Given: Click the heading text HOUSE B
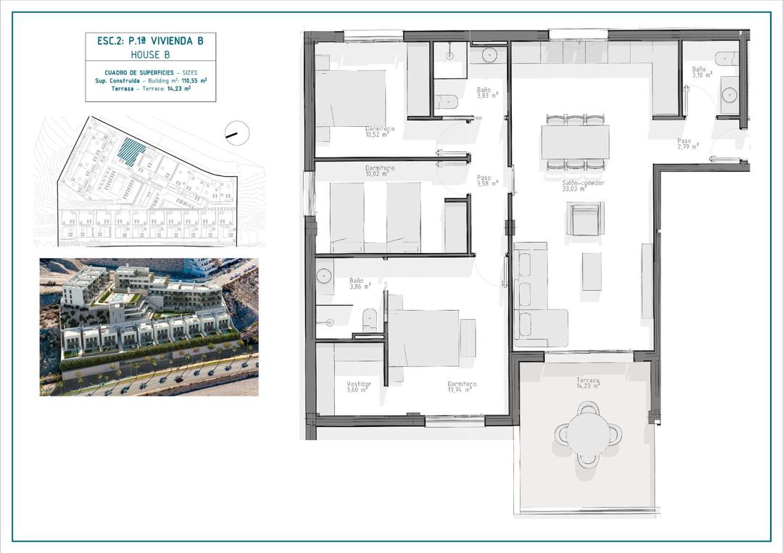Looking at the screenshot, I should click(150, 54).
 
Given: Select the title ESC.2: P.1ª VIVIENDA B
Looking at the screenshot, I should click(150, 41).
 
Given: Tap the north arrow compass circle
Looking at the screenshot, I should click(237, 133).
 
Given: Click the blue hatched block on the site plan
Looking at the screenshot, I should click(132, 152).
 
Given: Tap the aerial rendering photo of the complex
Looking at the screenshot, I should click(149, 327).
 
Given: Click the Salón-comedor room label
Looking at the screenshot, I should click(583, 183).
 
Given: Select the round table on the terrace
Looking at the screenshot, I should click(588, 433).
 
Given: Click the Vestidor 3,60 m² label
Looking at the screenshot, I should click(358, 386).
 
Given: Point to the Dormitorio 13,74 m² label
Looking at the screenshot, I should click(460, 386).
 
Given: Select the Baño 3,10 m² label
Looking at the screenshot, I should click(701, 72).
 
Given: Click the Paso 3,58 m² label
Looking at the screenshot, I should click(487, 180).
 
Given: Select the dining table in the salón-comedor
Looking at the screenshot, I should click(575, 142).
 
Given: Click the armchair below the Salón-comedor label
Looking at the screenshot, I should click(584, 219).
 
